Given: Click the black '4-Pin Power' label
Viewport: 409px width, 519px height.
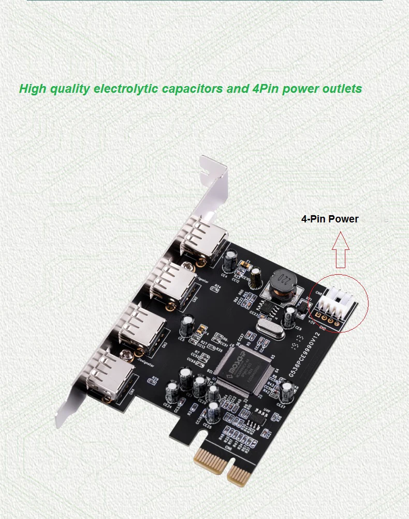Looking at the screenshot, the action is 330,219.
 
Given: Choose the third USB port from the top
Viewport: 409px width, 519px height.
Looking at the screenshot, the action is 139,327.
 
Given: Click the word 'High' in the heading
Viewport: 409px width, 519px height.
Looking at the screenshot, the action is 33,89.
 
